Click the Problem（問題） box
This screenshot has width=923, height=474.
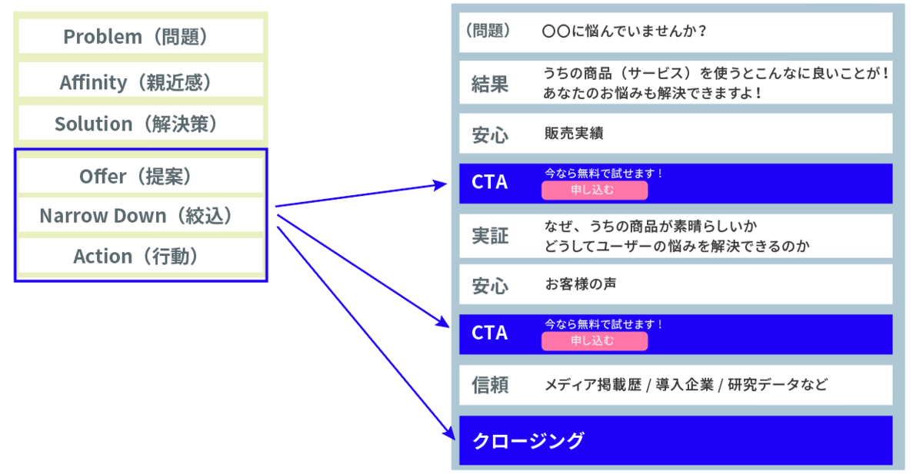141,36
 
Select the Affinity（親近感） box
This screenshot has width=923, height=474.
141,82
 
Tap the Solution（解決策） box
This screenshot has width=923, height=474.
141,124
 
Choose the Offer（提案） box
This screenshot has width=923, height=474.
141,176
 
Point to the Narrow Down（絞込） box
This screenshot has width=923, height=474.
141,216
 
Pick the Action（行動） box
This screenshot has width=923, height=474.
141,256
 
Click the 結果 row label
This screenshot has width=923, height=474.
490,84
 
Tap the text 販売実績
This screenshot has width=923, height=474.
574,133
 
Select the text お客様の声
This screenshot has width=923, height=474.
580,283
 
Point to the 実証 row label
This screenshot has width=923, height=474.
490,236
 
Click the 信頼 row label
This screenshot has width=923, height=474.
490,385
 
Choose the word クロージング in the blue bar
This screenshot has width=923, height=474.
528,441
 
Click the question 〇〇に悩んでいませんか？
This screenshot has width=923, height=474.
625,32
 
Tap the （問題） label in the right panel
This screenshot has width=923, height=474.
488,31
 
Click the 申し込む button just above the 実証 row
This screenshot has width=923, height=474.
594,190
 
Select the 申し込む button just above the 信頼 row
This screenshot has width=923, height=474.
594,341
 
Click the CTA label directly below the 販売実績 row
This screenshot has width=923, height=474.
490,183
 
